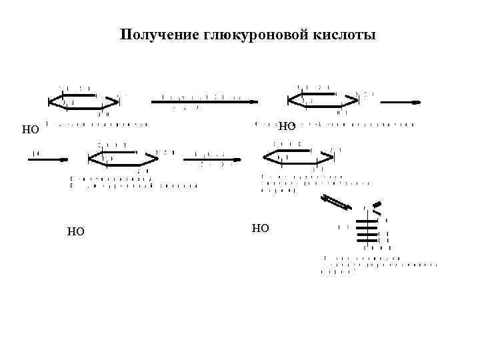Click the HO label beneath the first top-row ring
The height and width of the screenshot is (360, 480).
[31, 130]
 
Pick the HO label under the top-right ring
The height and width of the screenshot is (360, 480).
[287, 126]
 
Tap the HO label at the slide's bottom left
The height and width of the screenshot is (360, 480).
[75, 232]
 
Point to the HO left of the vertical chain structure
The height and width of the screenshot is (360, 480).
[261, 229]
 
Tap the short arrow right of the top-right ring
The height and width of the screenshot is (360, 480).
[400, 102]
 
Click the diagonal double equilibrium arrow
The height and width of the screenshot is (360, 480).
[336, 203]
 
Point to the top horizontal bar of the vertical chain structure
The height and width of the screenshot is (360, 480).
[367, 220]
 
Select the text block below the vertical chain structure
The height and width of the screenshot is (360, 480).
[378, 265]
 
